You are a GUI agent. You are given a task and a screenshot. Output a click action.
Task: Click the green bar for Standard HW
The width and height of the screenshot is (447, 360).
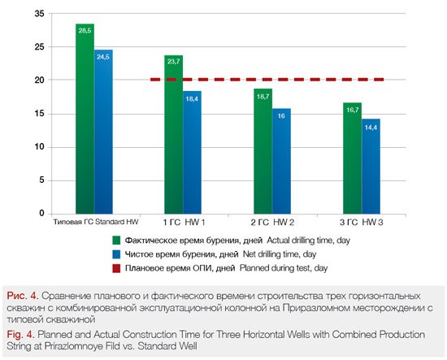[85, 119]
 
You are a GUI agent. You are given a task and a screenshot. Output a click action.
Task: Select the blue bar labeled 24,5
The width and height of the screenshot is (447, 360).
[103, 132]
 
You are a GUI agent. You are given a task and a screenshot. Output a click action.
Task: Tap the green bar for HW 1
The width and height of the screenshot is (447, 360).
[173, 135]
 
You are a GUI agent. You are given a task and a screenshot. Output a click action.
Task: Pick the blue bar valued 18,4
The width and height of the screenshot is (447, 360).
[192, 153]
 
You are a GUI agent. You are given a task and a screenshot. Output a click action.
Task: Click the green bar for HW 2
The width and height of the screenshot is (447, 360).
[263, 151]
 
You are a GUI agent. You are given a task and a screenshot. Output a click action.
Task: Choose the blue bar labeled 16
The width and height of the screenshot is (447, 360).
[281, 161]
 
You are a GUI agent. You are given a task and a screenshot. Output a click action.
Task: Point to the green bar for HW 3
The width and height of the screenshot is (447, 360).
[353, 158]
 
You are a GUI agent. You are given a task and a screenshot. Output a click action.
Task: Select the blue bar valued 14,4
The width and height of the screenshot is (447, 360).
[371, 167]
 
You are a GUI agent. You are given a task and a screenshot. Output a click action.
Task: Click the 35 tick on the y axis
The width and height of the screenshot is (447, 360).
[39, 13]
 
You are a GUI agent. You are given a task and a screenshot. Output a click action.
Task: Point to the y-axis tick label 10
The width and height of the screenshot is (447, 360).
[39, 147]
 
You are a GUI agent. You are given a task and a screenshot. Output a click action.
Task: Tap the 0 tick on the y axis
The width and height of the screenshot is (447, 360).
[42, 213]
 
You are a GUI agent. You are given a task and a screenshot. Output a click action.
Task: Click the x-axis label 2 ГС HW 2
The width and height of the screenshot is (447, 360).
[272, 223]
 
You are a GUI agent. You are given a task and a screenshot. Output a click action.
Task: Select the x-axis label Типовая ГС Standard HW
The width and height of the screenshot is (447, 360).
[96, 222]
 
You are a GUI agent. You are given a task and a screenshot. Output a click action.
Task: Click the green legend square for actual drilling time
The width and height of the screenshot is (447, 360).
[116, 241]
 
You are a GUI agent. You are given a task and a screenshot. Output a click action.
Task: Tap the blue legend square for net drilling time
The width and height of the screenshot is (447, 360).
[116, 254]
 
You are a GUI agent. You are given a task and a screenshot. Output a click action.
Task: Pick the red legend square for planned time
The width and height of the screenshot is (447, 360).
[116, 268]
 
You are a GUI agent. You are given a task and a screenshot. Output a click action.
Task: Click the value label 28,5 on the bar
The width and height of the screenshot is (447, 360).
[85, 31]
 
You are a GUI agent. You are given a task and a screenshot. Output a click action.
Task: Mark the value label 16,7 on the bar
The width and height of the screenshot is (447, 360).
[353, 110]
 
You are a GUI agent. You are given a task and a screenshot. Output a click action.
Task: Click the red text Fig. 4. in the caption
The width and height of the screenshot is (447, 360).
[20, 334]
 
